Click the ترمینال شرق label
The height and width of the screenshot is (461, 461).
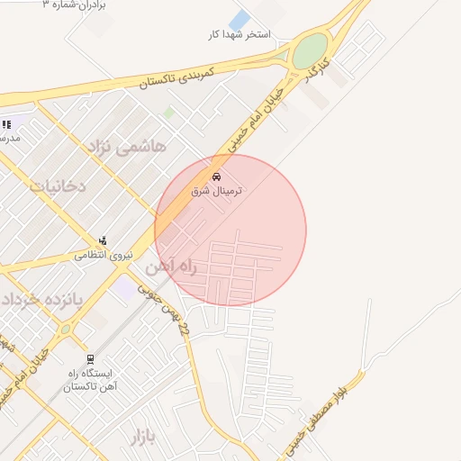pyautogui.click(x=217, y=191)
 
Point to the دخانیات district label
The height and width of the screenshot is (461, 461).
pyautogui.click(x=69, y=187)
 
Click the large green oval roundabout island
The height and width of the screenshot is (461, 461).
pyautogui.click(x=311, y=50)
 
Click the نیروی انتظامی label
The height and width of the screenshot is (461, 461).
pyautogui.click(x=103, y=256)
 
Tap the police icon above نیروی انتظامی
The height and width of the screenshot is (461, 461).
pyautogui.click(x=103, y=241)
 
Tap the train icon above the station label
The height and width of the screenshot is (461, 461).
pyautogui.click(x=88, y=358)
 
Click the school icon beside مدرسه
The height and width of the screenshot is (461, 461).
pyautogui.click(x=6, y=124)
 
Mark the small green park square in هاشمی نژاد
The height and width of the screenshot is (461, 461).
pyautogui.click(x=168, y=113)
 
